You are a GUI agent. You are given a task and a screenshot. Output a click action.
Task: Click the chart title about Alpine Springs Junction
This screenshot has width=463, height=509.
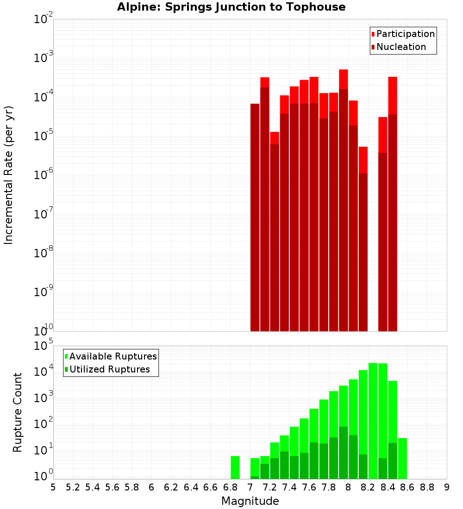(x=231, y=7)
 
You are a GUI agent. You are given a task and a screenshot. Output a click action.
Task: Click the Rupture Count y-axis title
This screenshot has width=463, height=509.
(x=18, y=412)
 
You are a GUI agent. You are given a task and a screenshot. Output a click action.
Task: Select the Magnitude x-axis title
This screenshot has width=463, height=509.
(x=250, y=501)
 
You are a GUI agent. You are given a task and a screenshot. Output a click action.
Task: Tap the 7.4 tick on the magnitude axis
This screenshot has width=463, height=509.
(x=289, y=487)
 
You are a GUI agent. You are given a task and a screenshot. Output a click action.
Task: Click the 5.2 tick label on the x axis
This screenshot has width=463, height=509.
(x=73, y=487)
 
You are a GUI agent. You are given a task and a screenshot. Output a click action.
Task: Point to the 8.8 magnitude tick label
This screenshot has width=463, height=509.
(x=427, y=487)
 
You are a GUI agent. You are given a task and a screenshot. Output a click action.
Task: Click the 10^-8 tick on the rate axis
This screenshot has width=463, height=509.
(x=44, y=253)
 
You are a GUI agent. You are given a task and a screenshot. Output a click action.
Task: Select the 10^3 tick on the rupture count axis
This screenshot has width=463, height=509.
(x=44, y=396)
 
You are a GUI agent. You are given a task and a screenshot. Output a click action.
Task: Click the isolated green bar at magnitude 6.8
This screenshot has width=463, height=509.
(x=235, y=467)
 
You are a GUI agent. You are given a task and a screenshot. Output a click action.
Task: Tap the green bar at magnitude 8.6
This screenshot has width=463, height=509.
(x=402, y=458)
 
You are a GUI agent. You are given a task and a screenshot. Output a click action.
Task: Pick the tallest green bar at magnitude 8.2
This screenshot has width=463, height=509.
(x=373, y=421)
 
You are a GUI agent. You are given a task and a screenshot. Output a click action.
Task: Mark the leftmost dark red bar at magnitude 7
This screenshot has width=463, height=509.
(x=255, y=217)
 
